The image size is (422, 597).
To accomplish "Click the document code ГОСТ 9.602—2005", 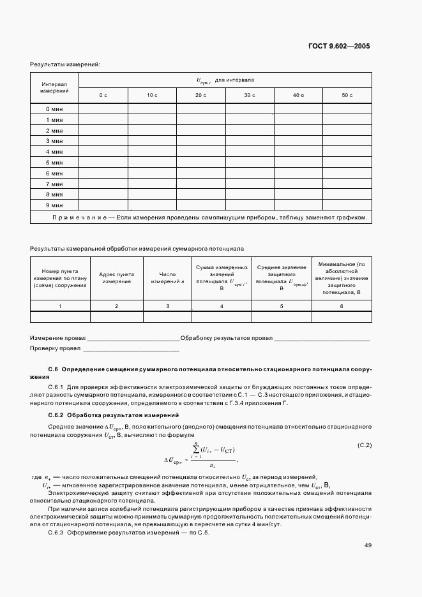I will (338, 47).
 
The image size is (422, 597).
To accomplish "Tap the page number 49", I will (368, 545).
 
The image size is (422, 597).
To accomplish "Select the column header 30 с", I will (249, 95).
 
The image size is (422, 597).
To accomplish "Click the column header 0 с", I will (103, 95).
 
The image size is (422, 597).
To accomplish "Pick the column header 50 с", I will (347, 95).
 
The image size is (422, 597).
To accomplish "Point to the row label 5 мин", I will (54, 162).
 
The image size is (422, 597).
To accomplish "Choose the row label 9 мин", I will (54, 205).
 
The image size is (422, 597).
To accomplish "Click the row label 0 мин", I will (54, 108).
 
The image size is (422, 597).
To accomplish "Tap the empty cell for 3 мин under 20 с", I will (200, 140).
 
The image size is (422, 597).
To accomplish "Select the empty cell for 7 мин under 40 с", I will (298, 184).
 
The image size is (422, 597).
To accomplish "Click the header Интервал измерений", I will (54, 87).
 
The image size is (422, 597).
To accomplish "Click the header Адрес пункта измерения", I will (116, 277).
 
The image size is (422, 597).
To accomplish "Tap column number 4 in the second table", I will (222, 307).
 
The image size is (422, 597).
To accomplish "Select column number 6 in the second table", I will (341, 307).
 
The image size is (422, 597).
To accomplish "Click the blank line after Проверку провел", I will (131, 349).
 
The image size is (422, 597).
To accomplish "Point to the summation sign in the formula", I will (197, 452).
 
